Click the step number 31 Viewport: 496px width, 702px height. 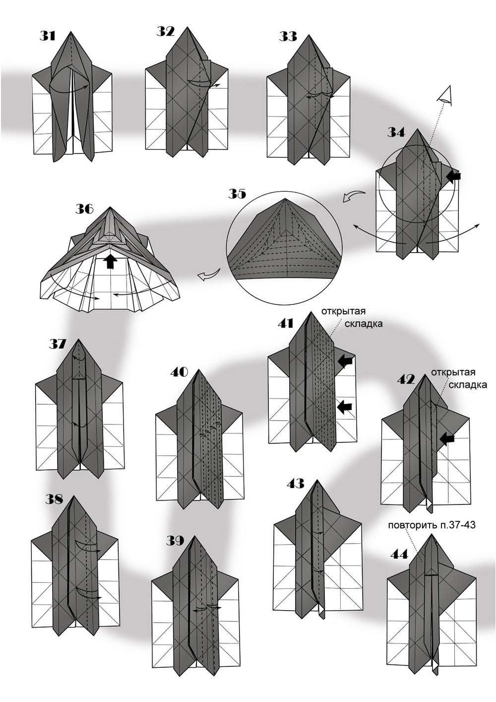tap(48, 36)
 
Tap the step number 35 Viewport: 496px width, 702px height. tap(237, 193)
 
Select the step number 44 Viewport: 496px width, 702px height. tap(399, 554)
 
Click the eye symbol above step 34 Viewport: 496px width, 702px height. tap(446, 95)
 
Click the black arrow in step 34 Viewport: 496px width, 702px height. tap(453, 175)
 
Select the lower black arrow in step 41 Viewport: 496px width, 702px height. tap(344, 407)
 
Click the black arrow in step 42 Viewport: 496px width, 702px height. tap(447, 438)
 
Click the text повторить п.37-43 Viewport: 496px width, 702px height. tap(432, 525)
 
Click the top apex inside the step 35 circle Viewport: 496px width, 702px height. tap(285, 200)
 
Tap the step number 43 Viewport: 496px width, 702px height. tap(296, 483)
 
